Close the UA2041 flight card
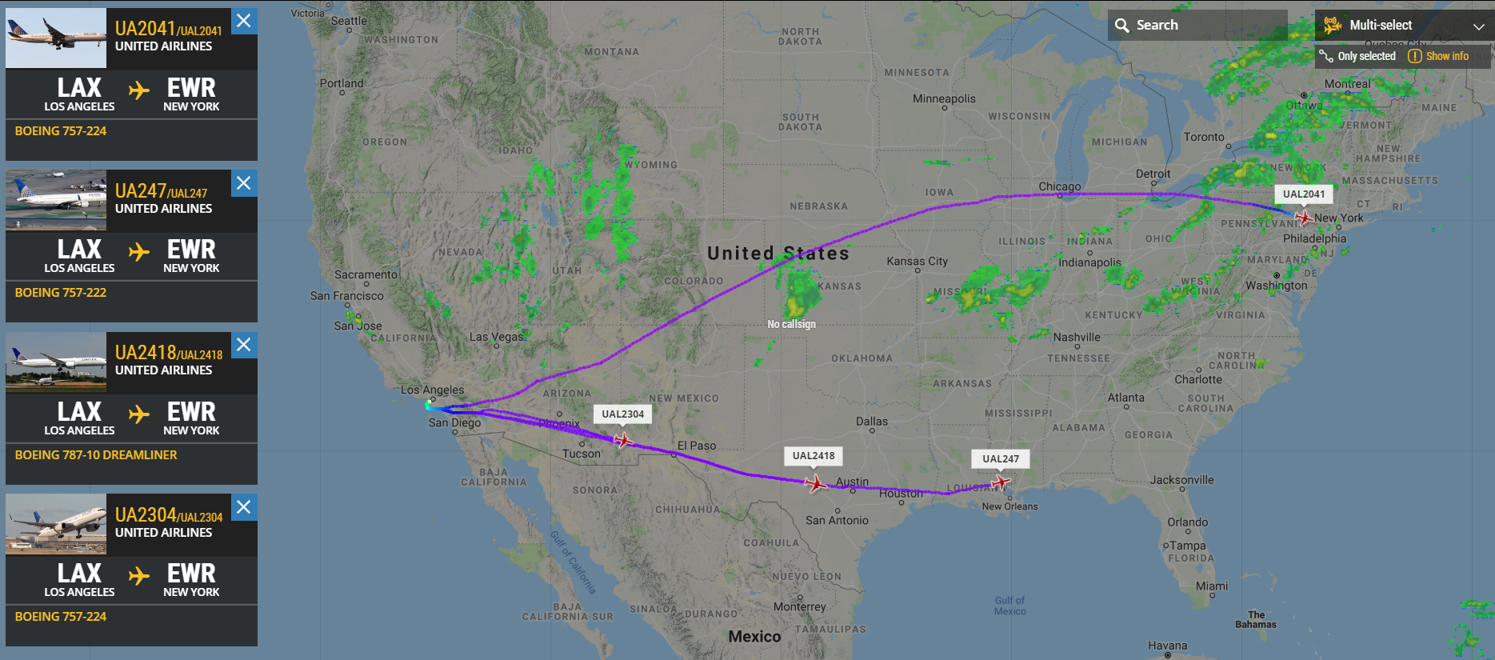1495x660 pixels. click(244, 21)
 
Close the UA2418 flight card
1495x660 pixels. click(244, 345)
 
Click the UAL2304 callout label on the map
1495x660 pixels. click(622, 414)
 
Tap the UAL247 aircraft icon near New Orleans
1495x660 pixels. click(1000, 482)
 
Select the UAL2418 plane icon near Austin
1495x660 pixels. click(815, 483)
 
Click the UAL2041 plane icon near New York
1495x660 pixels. click(1304, 217)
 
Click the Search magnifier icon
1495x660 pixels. click(1122, 26)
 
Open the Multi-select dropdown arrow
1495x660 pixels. click(1478, 26)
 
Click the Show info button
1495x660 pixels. click(1438, 56)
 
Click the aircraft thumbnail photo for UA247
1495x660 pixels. click(56, 200)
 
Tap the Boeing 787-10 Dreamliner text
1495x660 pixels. click(96, 455)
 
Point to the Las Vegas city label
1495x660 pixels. click(496, 337)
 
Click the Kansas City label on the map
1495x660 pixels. click(917, 262)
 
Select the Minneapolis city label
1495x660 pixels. click(944, 99)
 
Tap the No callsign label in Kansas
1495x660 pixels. click(791, 324)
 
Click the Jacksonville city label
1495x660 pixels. click(1181, 480)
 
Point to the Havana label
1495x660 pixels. click(1167, 646)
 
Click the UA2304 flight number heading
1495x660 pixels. click(145, 515)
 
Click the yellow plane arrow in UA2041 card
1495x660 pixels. click(139, 90)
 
